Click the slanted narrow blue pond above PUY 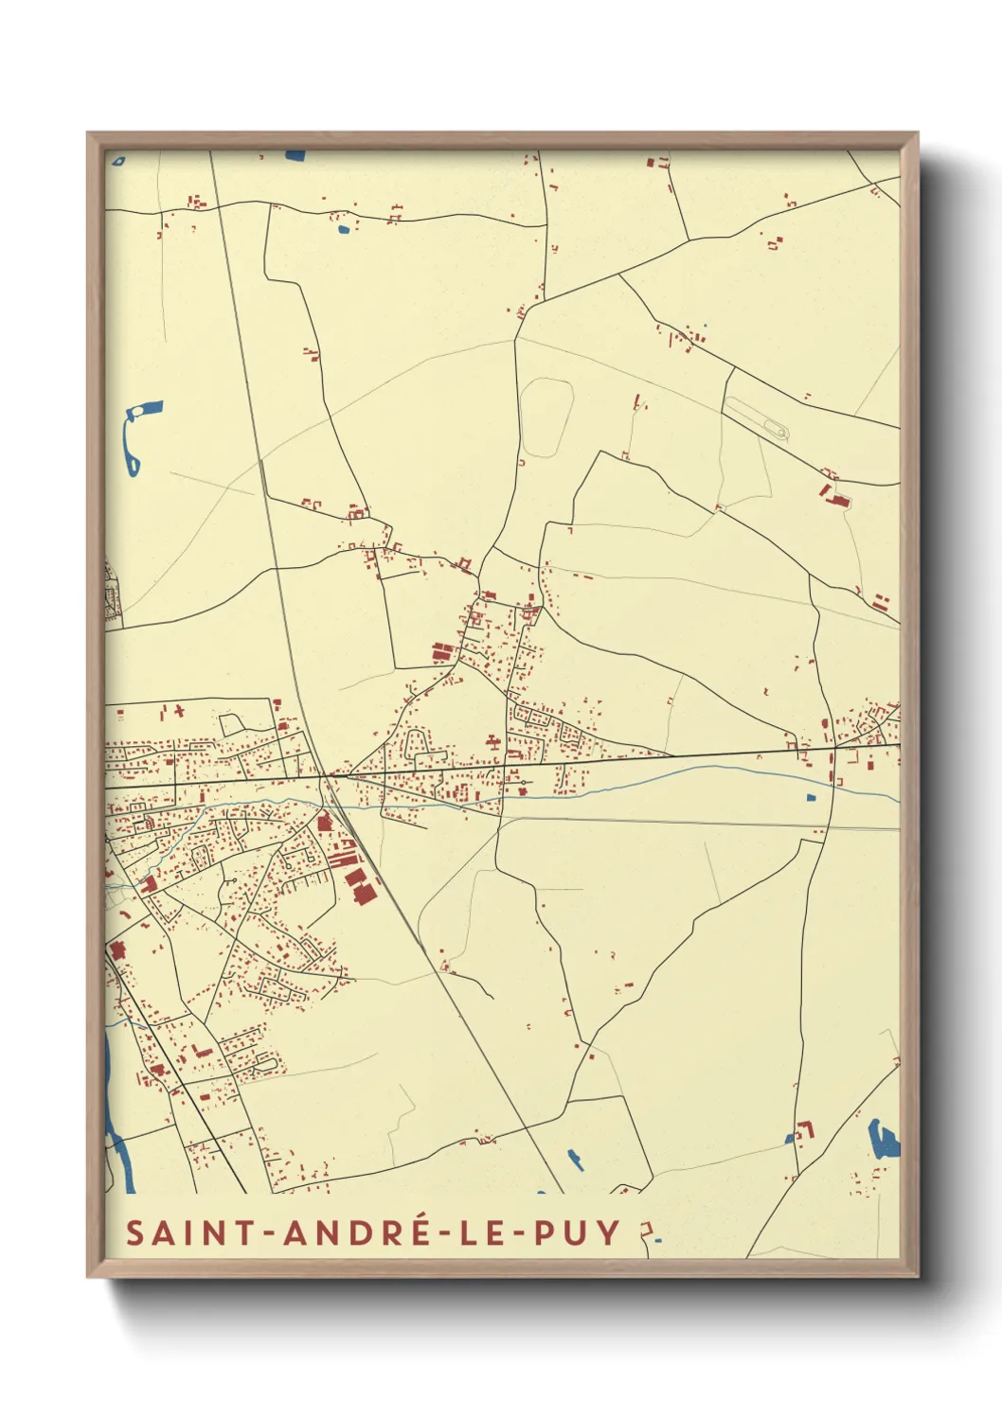(x=574, y=1159)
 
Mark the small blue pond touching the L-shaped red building (x=790, y=1138)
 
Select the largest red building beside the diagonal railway (x=362, y=893)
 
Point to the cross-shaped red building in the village (x=492, y=742)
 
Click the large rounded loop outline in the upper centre (x=546, y=417)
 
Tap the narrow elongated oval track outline (x=757, y=417)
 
